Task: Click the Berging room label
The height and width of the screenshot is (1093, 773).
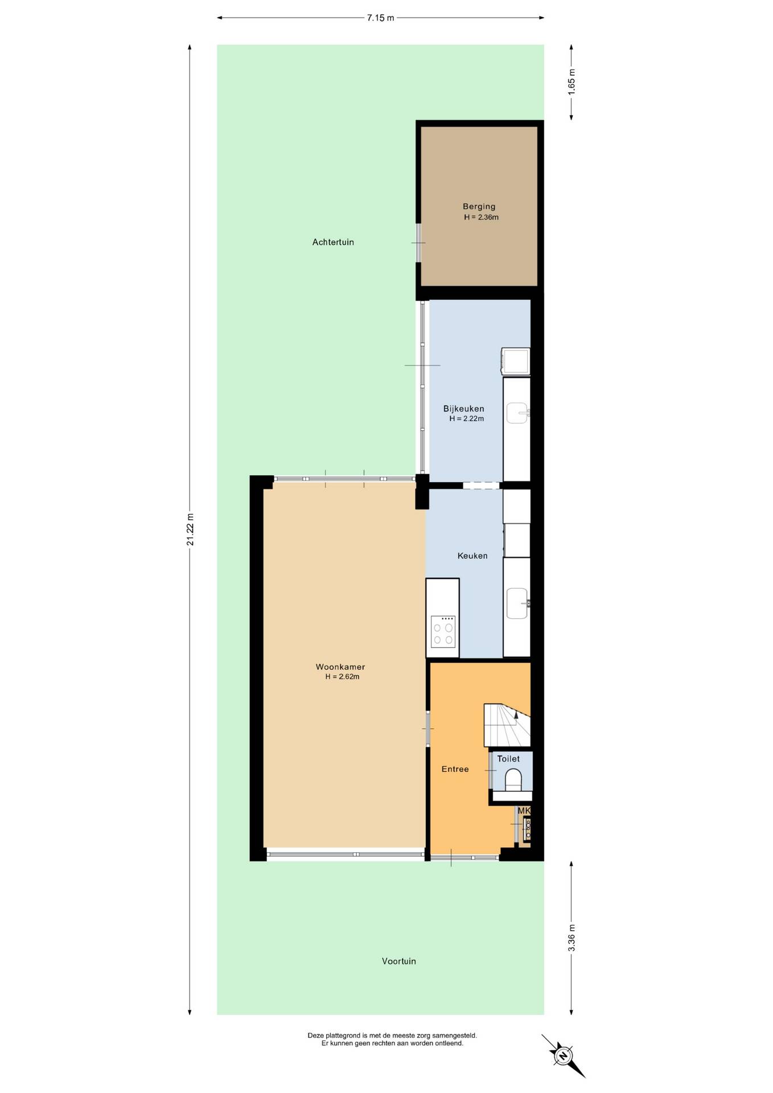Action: click(x=479, y=207)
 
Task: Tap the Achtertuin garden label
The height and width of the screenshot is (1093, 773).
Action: click(x=333, y=242)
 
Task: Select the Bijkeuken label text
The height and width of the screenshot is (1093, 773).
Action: click(x=464, y=409)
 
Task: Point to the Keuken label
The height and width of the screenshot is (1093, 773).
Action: click(x=472, y=556)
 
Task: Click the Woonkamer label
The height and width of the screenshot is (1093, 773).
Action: click(x=340, y=667)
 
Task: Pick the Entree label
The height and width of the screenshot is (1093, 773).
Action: click(x=455, y=769)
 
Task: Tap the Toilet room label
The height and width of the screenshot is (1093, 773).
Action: click(x=508, y=759)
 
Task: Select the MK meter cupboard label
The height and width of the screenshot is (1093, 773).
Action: click(x=524, y=811)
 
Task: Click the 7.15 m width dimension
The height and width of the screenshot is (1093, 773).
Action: click(x=380, y=18)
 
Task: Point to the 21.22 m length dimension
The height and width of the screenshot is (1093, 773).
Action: click(x=190, y=529)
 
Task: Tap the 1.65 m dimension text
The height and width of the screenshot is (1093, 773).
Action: click(x=571, y=81)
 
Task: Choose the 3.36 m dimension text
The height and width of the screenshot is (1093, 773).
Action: click(x=571, y=938)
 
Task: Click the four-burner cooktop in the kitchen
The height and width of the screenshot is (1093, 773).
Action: click(x=443, y=632)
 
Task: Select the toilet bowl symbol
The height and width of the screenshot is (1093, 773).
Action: click(x=513, y=779)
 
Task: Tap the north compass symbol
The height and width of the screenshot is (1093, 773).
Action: click(x=563, y=1056)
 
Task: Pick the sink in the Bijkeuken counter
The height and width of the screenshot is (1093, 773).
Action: click(x=519, y=413)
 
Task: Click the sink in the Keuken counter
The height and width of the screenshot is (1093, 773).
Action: click(x=519, y=603)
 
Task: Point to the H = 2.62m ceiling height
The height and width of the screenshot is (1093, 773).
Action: click(x=342, y=677)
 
